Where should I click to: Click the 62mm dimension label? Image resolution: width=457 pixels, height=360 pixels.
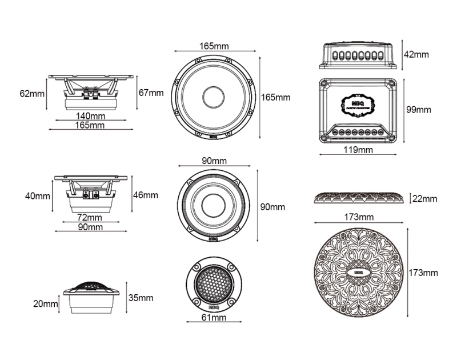click(x=31, y=93)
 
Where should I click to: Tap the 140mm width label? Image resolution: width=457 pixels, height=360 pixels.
click(x=90, y=115)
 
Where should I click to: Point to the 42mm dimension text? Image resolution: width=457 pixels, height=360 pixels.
click(x=416, y=54)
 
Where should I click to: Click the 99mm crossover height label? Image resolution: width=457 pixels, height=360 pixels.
click(x=419, y=109)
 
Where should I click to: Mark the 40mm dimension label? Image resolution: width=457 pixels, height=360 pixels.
click(x=38, y=196)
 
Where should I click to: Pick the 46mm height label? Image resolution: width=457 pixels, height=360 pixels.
click(x=145, y=195)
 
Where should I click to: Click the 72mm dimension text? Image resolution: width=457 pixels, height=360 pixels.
click(x=90, y=217)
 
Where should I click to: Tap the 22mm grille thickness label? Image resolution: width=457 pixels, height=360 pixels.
click(x=424, y=199)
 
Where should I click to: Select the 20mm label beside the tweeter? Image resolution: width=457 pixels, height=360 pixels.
click(x=46, y=303)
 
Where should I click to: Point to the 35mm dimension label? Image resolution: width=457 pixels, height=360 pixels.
click(x=141, y=298)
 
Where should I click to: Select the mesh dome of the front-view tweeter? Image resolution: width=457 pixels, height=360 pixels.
click(x=214, y=283)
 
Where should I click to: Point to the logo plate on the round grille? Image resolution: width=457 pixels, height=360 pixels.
click(x=359, y=273)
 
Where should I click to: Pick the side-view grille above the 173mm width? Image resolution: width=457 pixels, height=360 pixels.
click(x=359, y=198)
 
